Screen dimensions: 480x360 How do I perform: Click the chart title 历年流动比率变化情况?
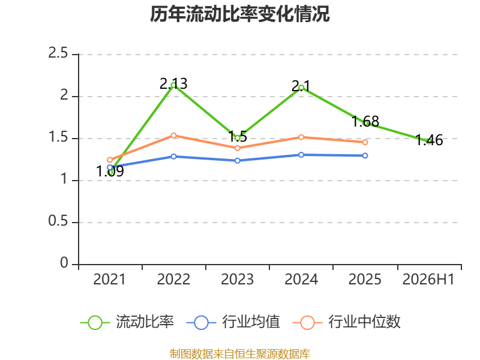(x=239, y=14)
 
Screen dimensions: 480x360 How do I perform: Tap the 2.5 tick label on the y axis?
(x=58, y=53)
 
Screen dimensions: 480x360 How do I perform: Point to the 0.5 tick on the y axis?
(x=58, y=221)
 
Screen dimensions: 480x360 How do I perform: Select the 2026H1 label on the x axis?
(x=428, y=280)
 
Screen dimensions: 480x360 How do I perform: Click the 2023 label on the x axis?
(x=237, y=280)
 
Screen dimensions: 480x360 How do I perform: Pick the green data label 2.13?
(x=173, y=83)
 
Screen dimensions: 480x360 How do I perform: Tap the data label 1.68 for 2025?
(x=365, y=122)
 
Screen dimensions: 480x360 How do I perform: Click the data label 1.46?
(x=429, y=140)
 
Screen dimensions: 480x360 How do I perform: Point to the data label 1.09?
(x=110, y=171)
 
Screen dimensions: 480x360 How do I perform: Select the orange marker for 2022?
(x=173, y=136)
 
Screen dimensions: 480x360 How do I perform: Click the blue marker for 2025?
(x=365, y=155)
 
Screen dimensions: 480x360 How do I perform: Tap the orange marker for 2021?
(x=110, y=160)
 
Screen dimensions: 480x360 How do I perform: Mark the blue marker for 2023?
(x=237, y=160)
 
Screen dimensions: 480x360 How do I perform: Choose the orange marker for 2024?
(x=301, y=137)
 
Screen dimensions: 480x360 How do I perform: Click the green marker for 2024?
(x=301, y=88)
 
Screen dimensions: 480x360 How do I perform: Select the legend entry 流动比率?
(x=127, y=322)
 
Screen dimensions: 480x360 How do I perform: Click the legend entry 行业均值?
(x=233, y=322)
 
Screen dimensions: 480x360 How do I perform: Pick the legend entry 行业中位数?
(x=347, y=322)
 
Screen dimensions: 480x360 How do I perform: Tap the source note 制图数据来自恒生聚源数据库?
(x=239, y=354)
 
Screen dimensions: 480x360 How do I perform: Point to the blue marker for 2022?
(x=173, y=157)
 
